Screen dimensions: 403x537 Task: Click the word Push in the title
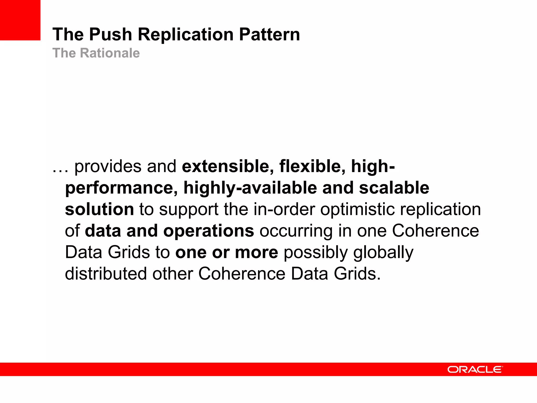click(110, 34)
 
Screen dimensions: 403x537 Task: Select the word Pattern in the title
click(270, 34)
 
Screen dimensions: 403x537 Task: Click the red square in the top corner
click(20, 20)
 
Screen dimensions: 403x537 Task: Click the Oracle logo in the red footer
click(475, 369)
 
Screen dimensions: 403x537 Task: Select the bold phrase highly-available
click(250, 188)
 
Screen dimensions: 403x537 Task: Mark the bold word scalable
click(394, 188)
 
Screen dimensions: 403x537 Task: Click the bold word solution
click(99, 209)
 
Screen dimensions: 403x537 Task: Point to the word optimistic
click(357, 210)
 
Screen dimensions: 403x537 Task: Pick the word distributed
click(106, 274)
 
